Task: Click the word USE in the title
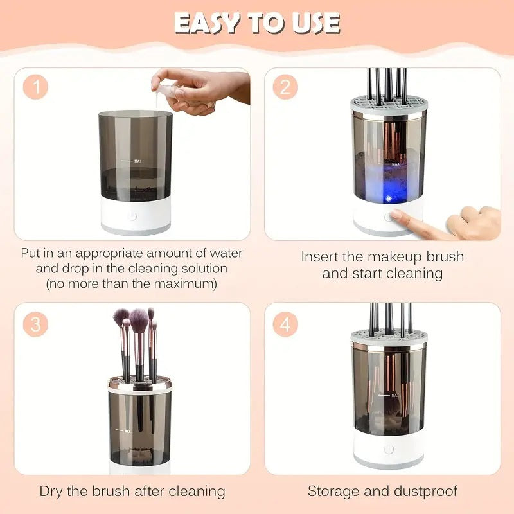tap(314, 23)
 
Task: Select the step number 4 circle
tap(285, 324)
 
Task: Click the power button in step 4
tap(388, 449)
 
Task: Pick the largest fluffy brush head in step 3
tap(139, 317)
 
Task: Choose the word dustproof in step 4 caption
tap(427, 492)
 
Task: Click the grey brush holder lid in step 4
tap(388, 339)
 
